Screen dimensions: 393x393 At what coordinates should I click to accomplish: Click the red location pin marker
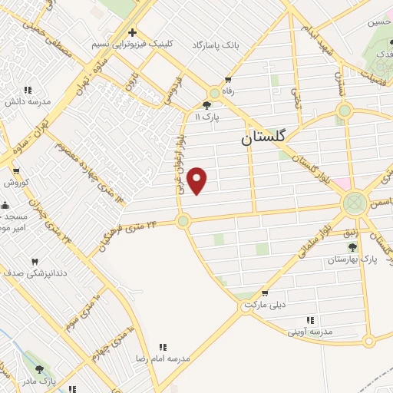click(198, 180)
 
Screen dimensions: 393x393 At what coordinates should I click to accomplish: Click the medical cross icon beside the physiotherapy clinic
click(133, 33)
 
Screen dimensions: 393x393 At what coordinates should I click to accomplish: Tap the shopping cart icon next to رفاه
click(229, 80)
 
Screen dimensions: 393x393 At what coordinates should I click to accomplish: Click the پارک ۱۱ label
click(208, 117)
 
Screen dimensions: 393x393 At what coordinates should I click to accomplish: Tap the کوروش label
click(16, 183)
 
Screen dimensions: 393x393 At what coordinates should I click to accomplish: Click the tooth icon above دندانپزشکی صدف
click(34, 262)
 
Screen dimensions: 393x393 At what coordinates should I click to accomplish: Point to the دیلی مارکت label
click(265, 305)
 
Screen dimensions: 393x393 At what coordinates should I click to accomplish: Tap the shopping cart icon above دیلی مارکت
click(265, 293)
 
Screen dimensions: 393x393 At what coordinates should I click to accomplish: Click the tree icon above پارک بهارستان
click(352, 247)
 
